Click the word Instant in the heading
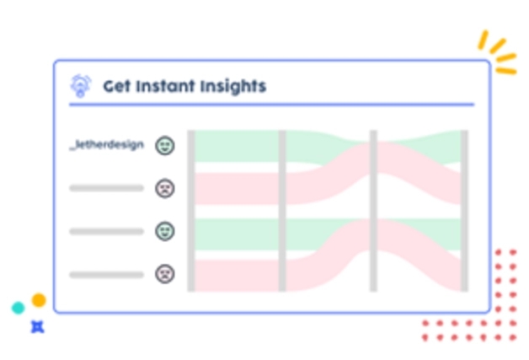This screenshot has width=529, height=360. [165, 86]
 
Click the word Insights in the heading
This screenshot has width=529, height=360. [233, 87]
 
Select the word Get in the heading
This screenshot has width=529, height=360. [117, 86]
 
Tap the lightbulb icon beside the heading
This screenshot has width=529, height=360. [80, 86]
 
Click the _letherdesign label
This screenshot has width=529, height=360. [107, 145]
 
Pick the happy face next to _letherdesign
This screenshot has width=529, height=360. [165, 146]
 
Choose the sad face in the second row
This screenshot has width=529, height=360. [165, 188]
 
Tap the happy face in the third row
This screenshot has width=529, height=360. [165, 231]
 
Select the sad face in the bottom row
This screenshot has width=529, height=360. [165, 274]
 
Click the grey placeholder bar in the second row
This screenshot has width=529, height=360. [107, 188]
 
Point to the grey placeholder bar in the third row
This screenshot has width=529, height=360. [107, 231]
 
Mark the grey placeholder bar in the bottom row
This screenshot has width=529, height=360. [107, 275]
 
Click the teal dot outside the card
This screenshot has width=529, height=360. [19, 308]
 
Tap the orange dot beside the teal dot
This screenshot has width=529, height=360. [39, 300]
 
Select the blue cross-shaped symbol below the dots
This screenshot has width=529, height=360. [37, 327]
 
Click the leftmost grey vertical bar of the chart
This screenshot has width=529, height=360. [191, 211]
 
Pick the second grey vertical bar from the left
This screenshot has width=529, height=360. [282, 211]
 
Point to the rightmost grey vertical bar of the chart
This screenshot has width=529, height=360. [465, 211]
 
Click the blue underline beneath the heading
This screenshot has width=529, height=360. [271, 105]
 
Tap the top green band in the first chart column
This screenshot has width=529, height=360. [237, 146]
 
